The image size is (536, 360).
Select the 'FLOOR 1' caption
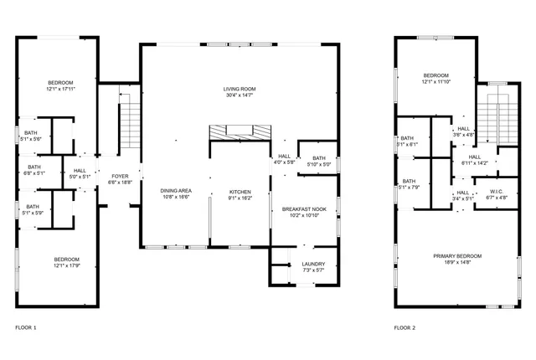27,327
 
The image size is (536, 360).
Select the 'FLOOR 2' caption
405,327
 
